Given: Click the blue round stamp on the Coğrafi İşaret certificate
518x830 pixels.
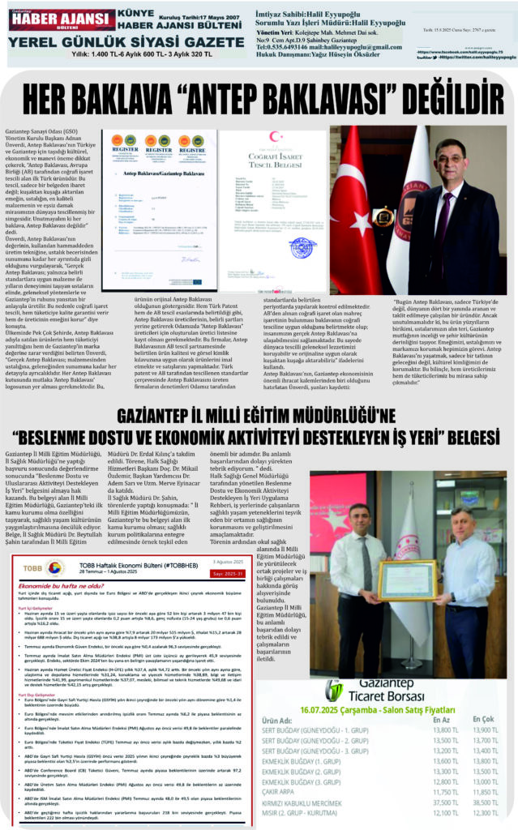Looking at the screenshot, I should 302,247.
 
